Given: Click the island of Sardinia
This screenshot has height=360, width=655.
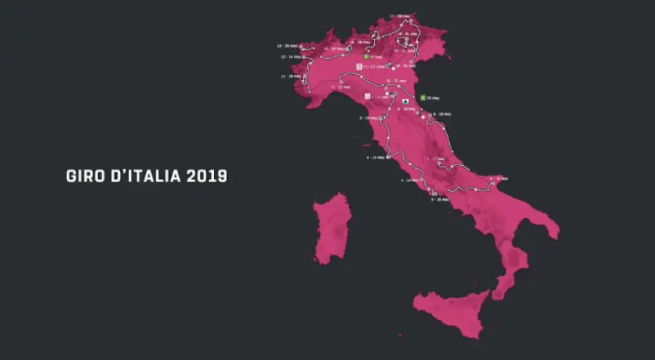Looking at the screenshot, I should [x=332, y=228].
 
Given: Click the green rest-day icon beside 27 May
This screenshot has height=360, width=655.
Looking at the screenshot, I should [x=365, y=56].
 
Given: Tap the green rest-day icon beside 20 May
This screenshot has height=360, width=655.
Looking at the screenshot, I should [x=422, y=97].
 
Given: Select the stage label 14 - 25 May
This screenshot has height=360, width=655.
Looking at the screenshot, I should [x=287, y=45].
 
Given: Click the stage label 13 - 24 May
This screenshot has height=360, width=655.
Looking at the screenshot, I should [x=290, y=56].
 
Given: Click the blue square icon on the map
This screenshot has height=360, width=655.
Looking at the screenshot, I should [x=405, y=101].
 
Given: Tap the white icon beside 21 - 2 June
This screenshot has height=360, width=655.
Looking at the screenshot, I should [x=359, y=66].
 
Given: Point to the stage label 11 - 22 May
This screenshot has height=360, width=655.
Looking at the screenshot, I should [x=341, y=87].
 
